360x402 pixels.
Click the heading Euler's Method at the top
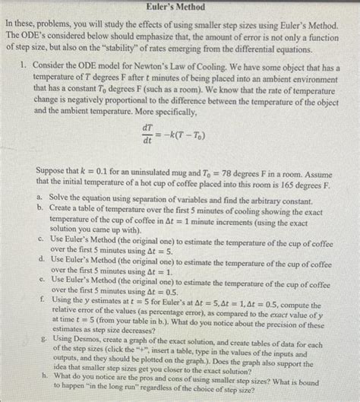click(180, 6)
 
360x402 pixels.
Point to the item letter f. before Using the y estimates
click(39, 302)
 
